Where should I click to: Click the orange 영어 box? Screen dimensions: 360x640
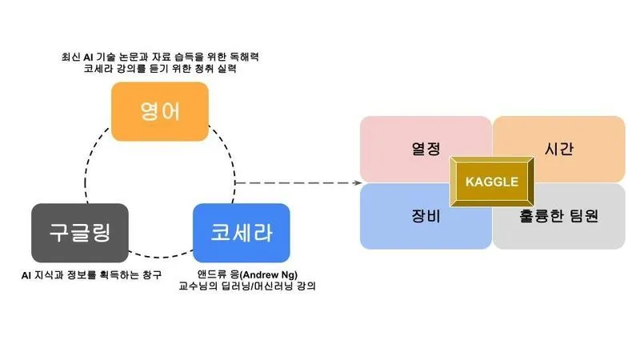coord(160,110)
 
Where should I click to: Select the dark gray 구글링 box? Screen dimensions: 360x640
coord(79,233)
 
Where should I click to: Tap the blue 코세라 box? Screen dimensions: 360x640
coord(241,233)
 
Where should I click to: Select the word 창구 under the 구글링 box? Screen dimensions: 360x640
coord(150,276)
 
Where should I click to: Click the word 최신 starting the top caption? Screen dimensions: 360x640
coord(71,58)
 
